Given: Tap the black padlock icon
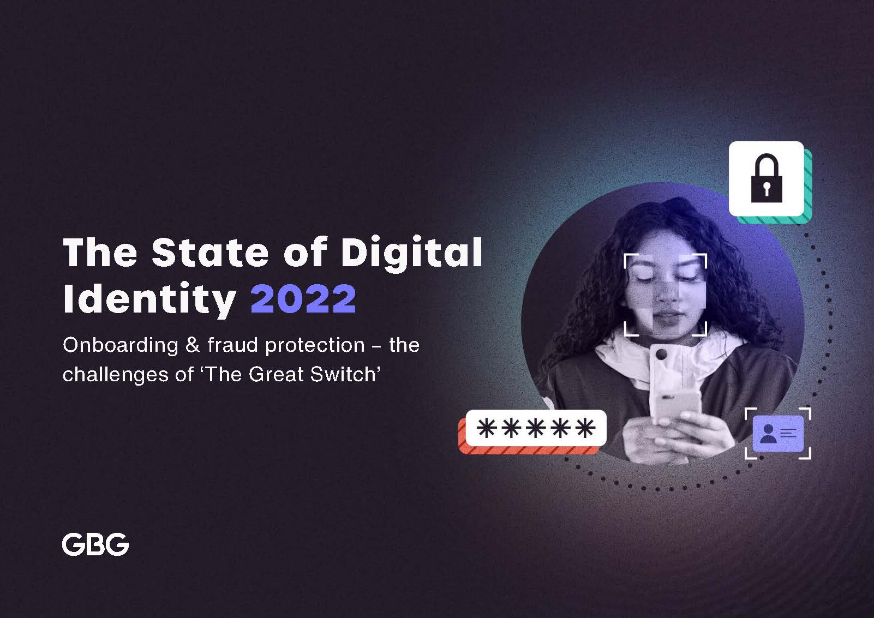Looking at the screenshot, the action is coord(767,178).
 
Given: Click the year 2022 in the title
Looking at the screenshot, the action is coord(303,298).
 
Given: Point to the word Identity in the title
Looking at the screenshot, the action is coord(149,299).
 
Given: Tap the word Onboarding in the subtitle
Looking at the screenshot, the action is coord(120,346).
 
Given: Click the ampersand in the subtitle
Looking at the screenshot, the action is coord(193,345).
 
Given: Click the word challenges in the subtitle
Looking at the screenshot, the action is coord(116,375).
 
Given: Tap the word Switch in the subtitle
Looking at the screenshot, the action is coord(343,374).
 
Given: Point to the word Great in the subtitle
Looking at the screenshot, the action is coord(276,374).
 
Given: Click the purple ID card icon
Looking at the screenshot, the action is coord(778,434).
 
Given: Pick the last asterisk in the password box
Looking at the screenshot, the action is coord(585,428).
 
